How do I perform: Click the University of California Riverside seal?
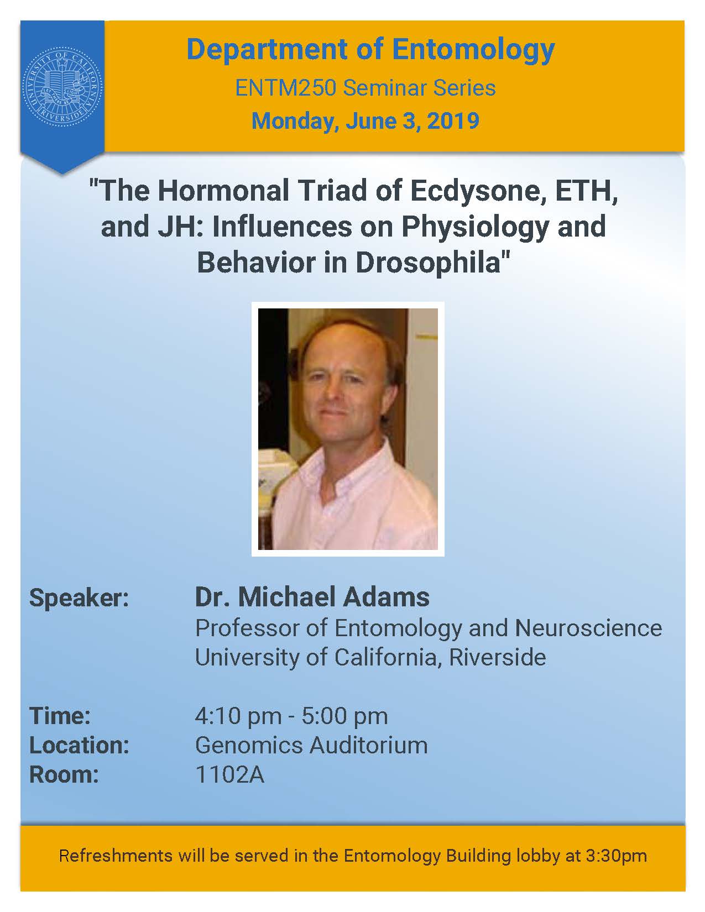tap(62, 87)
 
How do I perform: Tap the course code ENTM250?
tap(285, 88)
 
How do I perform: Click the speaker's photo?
tap(348, 429)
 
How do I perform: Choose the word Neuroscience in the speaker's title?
tap(588, 628)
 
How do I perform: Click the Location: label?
tap(79, 746)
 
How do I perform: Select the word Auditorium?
tap(369, 746)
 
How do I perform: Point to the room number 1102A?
tap(229, 775)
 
